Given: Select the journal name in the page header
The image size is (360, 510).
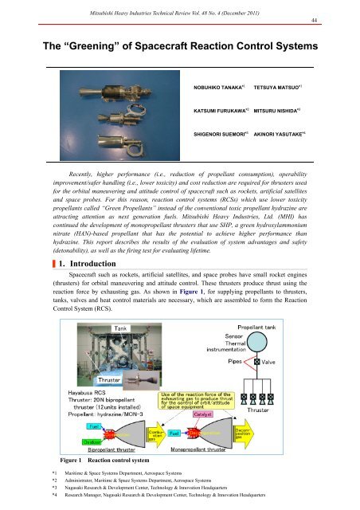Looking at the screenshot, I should coord(179,7).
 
